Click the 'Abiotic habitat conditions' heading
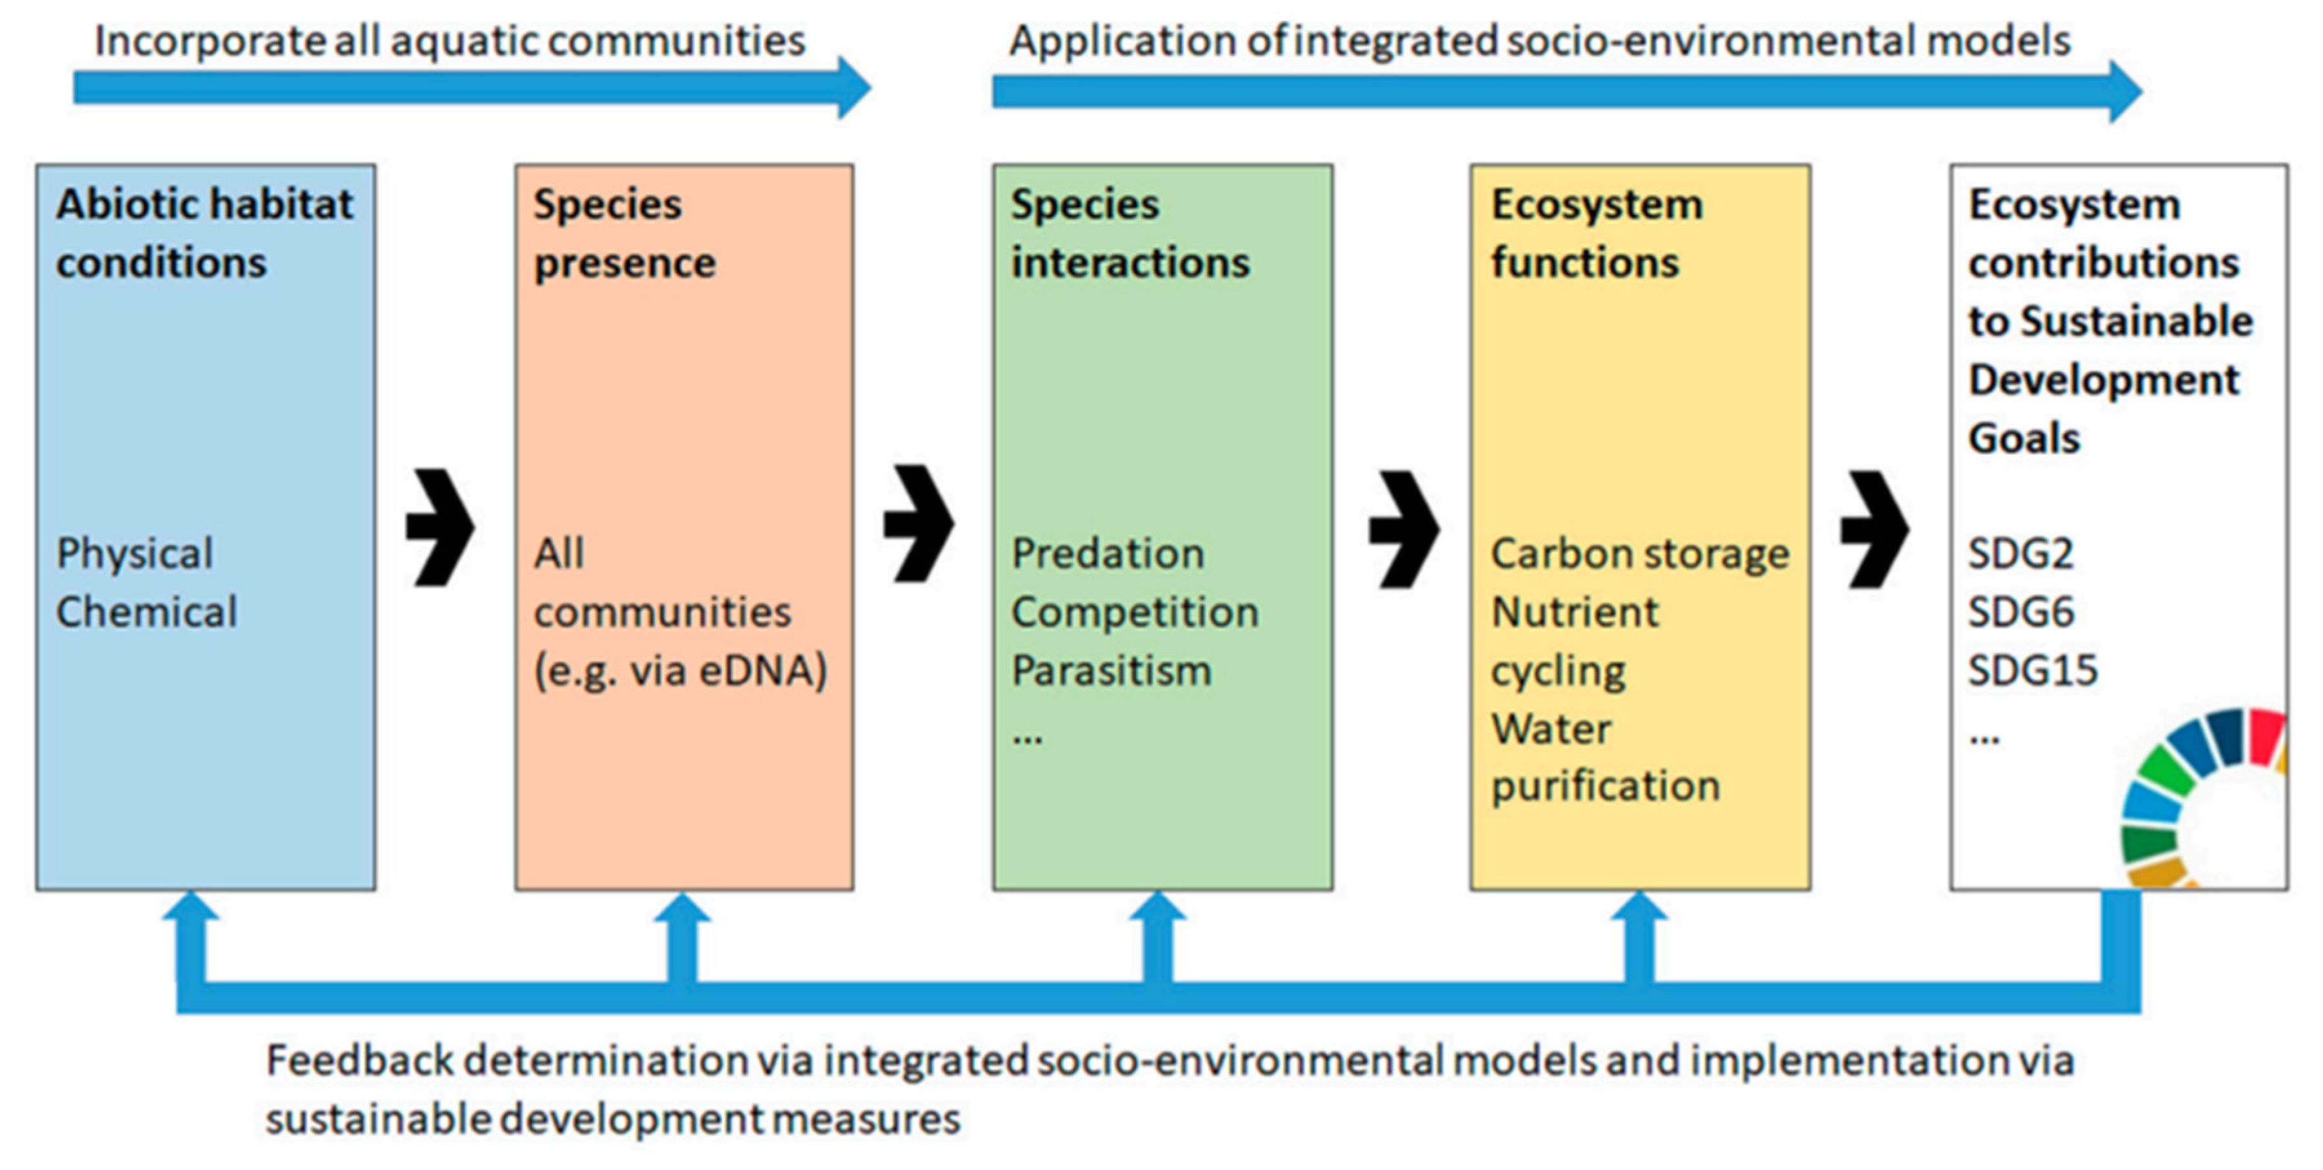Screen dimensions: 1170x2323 [204, 233]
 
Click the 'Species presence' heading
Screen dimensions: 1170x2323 [624, 233]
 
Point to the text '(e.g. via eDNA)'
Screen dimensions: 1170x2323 [680, 671]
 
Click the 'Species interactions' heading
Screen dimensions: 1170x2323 [1130, 233]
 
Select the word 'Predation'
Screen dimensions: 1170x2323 [1108, 553]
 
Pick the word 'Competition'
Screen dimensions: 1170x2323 [1135, 612]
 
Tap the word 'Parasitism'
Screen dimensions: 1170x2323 [1111, 671]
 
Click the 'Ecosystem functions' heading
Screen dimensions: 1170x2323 [1596, 233]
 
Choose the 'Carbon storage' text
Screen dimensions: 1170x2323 [1639, 553]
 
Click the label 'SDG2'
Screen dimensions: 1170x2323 [2020, 553]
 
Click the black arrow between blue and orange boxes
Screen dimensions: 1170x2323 [440, 528]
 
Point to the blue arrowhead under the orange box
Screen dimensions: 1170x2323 [682, 911]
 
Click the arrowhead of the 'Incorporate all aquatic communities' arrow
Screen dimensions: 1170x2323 [852, 88]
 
